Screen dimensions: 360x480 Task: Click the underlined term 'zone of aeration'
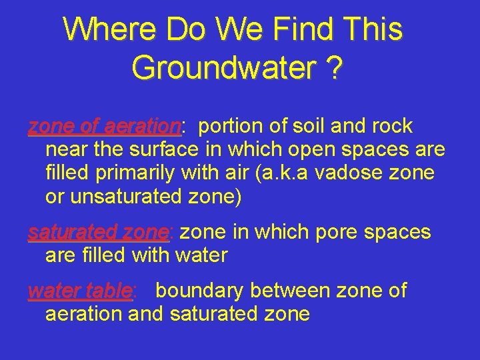coord(103,126)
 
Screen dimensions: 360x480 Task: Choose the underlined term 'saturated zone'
coord(99,233)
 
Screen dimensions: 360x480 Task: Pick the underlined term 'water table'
coord(80,291)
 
